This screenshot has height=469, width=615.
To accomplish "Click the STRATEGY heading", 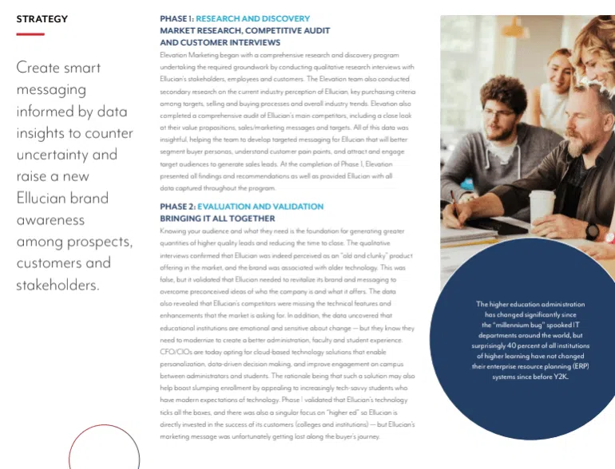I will click(42, 19).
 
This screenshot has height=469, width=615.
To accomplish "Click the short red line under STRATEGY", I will click(30, 34).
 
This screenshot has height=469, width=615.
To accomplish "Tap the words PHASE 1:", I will click(177, 18).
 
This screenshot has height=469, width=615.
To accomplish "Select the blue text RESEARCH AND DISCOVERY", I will click(252, 18).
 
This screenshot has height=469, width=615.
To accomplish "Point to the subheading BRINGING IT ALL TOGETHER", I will click(217, 219).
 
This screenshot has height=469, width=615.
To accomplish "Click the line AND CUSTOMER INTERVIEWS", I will click(220, 42).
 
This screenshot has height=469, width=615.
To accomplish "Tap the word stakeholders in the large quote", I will click(58, 285).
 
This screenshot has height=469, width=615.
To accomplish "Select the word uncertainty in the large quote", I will click(53, 154).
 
